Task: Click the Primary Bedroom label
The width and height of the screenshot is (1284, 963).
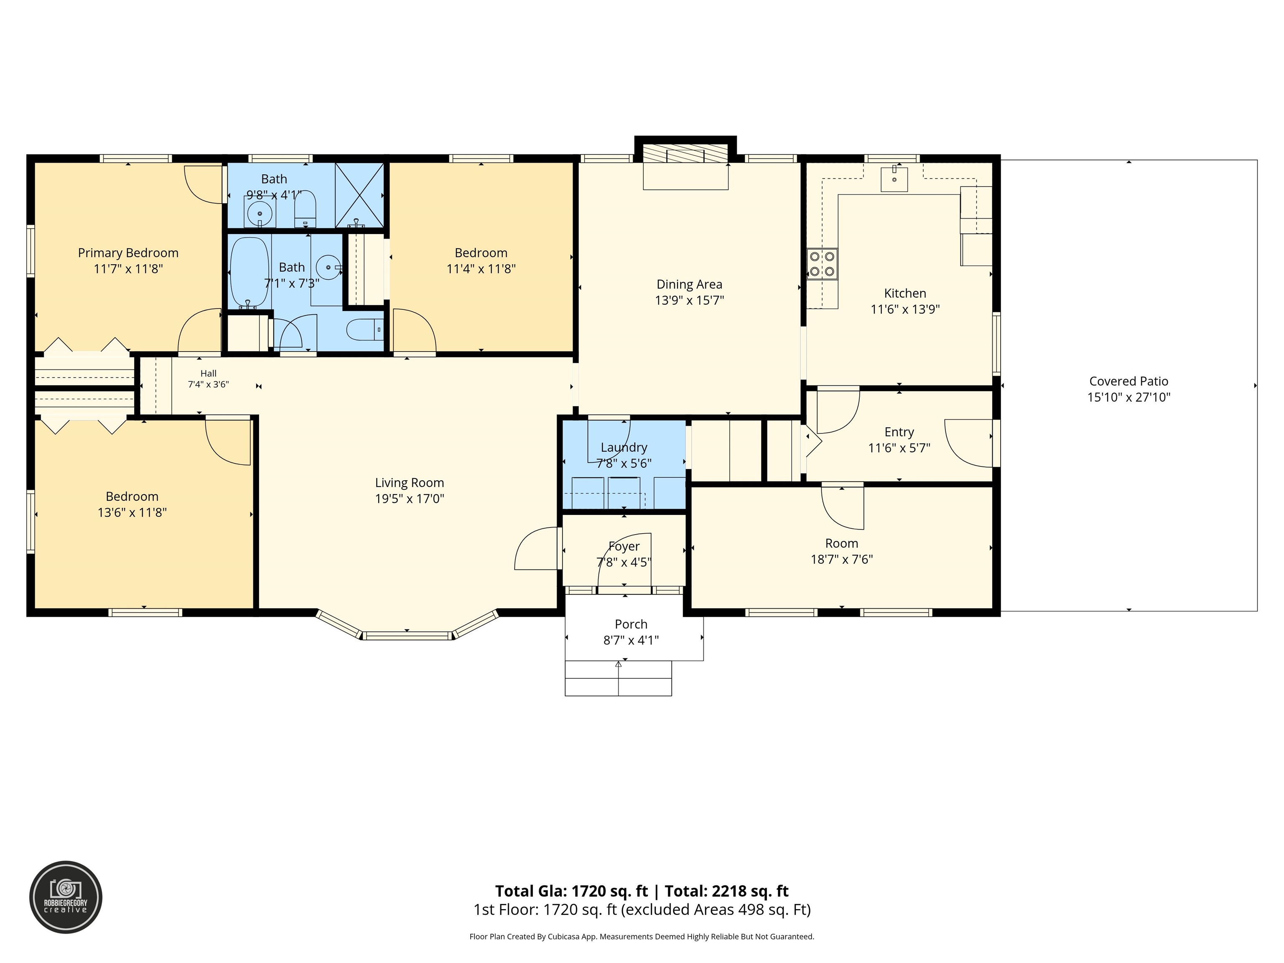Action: coord(128,253)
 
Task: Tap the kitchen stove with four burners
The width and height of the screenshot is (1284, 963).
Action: coord(822,264)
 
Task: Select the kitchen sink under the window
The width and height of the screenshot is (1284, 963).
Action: coord(894,179)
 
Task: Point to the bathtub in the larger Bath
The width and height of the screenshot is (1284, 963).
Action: coord(250,273)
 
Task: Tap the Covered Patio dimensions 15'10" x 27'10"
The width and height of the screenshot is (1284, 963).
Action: coord(1129,397)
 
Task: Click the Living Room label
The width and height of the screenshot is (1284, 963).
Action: coord(409,483)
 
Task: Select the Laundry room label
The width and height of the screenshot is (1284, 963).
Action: coord(624,448)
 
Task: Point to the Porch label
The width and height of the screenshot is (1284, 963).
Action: coord(631,624)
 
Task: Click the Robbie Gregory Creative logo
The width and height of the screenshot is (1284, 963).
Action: coord(66,897)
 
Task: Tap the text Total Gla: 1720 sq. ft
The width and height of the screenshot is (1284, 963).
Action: coord(571,891)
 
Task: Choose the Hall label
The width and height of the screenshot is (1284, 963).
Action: coord(209,374)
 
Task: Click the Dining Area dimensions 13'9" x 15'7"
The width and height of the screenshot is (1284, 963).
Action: coord(690,301)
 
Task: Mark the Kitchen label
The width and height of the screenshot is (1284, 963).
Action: coord(905,294)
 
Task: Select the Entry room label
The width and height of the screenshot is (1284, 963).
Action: coord(899,433)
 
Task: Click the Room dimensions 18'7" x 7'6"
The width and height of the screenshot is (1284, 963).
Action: coord(842,560)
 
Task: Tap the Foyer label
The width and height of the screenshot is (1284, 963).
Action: coord(624,547)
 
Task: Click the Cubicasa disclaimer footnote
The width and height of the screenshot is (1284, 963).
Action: coord(642,936)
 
